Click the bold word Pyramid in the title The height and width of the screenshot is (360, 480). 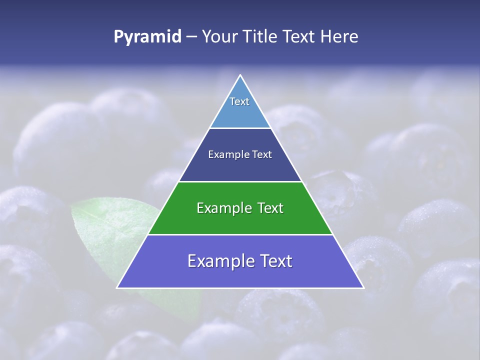tap(147, 37)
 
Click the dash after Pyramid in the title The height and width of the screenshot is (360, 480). tap(191, 37)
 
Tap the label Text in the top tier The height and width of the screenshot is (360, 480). tap(239, 101)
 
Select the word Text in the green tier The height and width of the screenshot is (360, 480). tap(270, 208)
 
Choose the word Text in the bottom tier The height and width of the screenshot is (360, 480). tap(276, 261)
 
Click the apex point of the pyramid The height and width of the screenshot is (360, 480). tap(240, 76)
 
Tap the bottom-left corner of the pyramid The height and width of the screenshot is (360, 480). tap(118, 287)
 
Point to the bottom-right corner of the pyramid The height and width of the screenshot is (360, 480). tap(362, 287)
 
